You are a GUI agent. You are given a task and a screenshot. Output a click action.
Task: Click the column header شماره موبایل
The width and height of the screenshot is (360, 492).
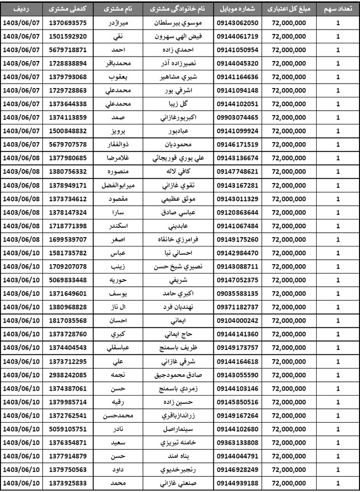238,9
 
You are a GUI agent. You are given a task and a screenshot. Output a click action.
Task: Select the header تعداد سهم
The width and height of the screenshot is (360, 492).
338,9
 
